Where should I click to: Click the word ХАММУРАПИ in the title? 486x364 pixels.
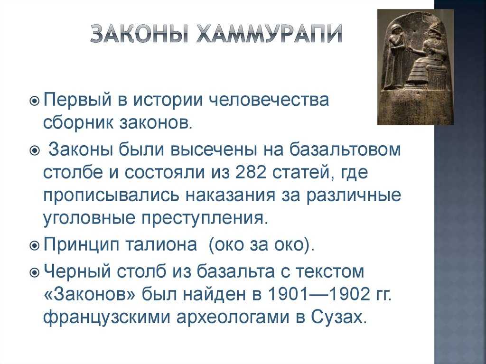pos(269,34)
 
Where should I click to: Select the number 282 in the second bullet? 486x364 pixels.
pos(251,173)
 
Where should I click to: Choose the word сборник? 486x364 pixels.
pos(79,123)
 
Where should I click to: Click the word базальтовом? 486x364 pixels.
pos(345,149)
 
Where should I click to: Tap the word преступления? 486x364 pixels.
pos(204,219)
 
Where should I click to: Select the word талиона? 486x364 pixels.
pos(161,245)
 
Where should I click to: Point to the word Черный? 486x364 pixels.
pos(77,271)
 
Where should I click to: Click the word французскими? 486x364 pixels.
pos(107,317)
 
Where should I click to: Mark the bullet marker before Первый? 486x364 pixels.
pos(34,101)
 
